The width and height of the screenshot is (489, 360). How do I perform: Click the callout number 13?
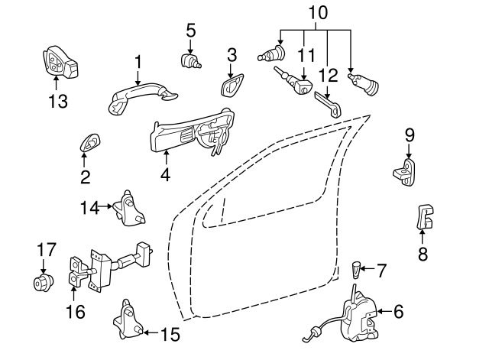click(x=58, y=102)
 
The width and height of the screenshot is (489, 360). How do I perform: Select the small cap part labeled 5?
click(x=190, y=60)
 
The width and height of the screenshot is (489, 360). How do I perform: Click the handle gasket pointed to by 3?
click(x=232, y=85)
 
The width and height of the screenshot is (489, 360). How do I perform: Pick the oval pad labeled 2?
click(x=90, y=144)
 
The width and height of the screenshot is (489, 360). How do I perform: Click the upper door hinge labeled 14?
click(x=129, y=209)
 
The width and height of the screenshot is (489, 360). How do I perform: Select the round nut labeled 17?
click(x=44, y=283)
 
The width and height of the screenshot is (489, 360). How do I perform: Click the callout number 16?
click(x=76, y=311)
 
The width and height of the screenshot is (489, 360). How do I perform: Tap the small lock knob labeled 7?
click(x=355, y=270)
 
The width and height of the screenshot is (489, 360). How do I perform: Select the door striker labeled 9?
click(x=405, y=172)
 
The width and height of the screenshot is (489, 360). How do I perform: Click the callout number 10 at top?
click(x=318, y=13)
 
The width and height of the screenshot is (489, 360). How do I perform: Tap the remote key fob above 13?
click(x=60, y=63)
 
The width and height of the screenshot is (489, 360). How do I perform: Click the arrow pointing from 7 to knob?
click(x=368, y=268)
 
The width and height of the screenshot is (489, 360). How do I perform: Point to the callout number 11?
click(x=306, y=56)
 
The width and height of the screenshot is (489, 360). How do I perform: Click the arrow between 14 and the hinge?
click(x=105, y=206)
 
